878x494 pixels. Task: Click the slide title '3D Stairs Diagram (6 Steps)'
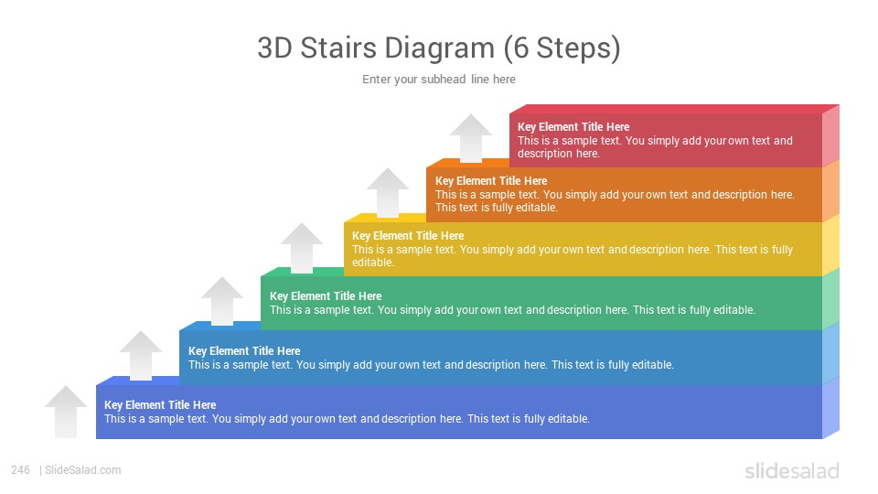[439, 48]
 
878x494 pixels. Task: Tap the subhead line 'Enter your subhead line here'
[439, 80]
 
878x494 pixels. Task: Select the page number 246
[20, 470]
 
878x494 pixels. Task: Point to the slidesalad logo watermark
[792, 470]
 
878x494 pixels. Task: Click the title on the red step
[573, 127]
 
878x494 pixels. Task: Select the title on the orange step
[491, 181]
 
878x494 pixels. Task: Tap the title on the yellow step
[408, 236]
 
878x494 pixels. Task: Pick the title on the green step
[326, 296]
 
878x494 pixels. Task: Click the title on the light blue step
[244, 351]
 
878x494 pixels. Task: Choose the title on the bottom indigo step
[160, 405]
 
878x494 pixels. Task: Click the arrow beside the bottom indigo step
[66, 412]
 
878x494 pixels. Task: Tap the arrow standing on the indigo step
[141, 356]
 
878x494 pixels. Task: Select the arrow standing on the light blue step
[221, 301]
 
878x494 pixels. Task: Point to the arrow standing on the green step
[302, 248]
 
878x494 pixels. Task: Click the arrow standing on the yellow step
[388, 193]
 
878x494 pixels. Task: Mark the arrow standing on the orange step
[471, 139]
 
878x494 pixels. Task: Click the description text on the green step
[512, 310]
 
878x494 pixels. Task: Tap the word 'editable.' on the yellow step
[373, 263]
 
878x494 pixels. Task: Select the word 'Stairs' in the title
[338, 48]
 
